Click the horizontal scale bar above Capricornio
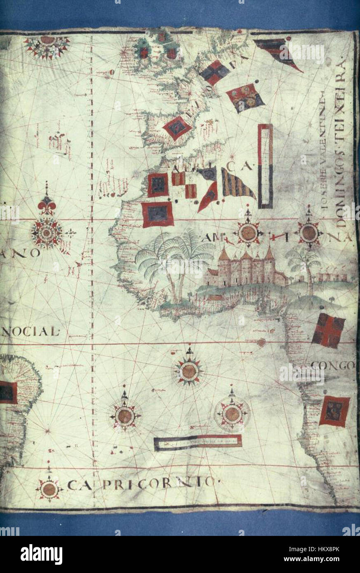[x=198, y=442]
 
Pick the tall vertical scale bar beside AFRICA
[x=265, y=166]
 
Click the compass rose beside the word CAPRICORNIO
[x=49, y=489]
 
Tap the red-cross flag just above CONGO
[x=328, y=330]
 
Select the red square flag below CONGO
[x=334, y=411]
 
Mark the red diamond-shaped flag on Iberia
[x=177, y=128]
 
